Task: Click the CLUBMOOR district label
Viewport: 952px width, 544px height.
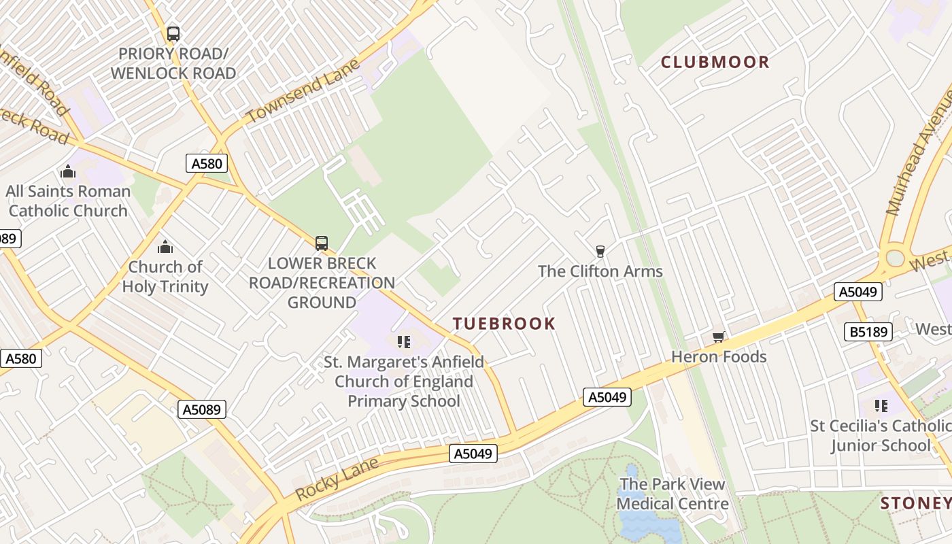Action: click(715, 62)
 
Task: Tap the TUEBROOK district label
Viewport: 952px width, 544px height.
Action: click(504, 324)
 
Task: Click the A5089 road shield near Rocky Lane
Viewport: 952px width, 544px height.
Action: click(203, 409)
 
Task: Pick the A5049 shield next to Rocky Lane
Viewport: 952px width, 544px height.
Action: click(473, 454)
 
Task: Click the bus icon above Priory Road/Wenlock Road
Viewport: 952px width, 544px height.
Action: click(173, 33)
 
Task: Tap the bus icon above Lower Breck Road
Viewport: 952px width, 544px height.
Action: click(322, 243)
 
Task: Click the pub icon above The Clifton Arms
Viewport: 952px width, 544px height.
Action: click(600, 252)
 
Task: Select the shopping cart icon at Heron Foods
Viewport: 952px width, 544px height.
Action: click(718, 337)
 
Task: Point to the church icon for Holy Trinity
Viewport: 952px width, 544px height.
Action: click(165, 247)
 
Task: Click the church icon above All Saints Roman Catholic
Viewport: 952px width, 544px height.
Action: click(67, 171)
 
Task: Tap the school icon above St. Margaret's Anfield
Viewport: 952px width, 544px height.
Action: click(404, 341)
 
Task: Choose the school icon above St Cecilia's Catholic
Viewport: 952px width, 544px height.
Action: click(881, 407)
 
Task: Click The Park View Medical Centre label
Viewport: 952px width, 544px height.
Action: click(672, 494)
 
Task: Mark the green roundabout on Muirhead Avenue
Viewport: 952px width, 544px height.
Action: click(896, 258)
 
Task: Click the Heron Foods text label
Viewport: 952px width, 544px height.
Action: click(719, 357)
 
